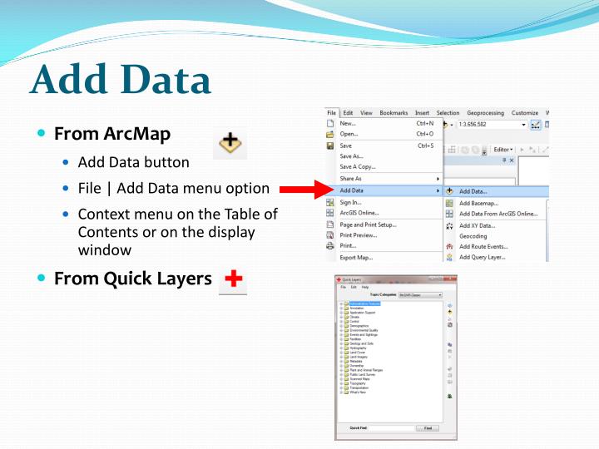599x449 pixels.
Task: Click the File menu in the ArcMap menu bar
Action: (331, 112)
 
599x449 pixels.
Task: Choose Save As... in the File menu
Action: (352, 155)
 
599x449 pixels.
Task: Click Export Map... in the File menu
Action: (356, 258)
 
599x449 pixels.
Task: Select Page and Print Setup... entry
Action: (369, 224)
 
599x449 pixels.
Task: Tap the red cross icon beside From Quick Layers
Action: (233, 279)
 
